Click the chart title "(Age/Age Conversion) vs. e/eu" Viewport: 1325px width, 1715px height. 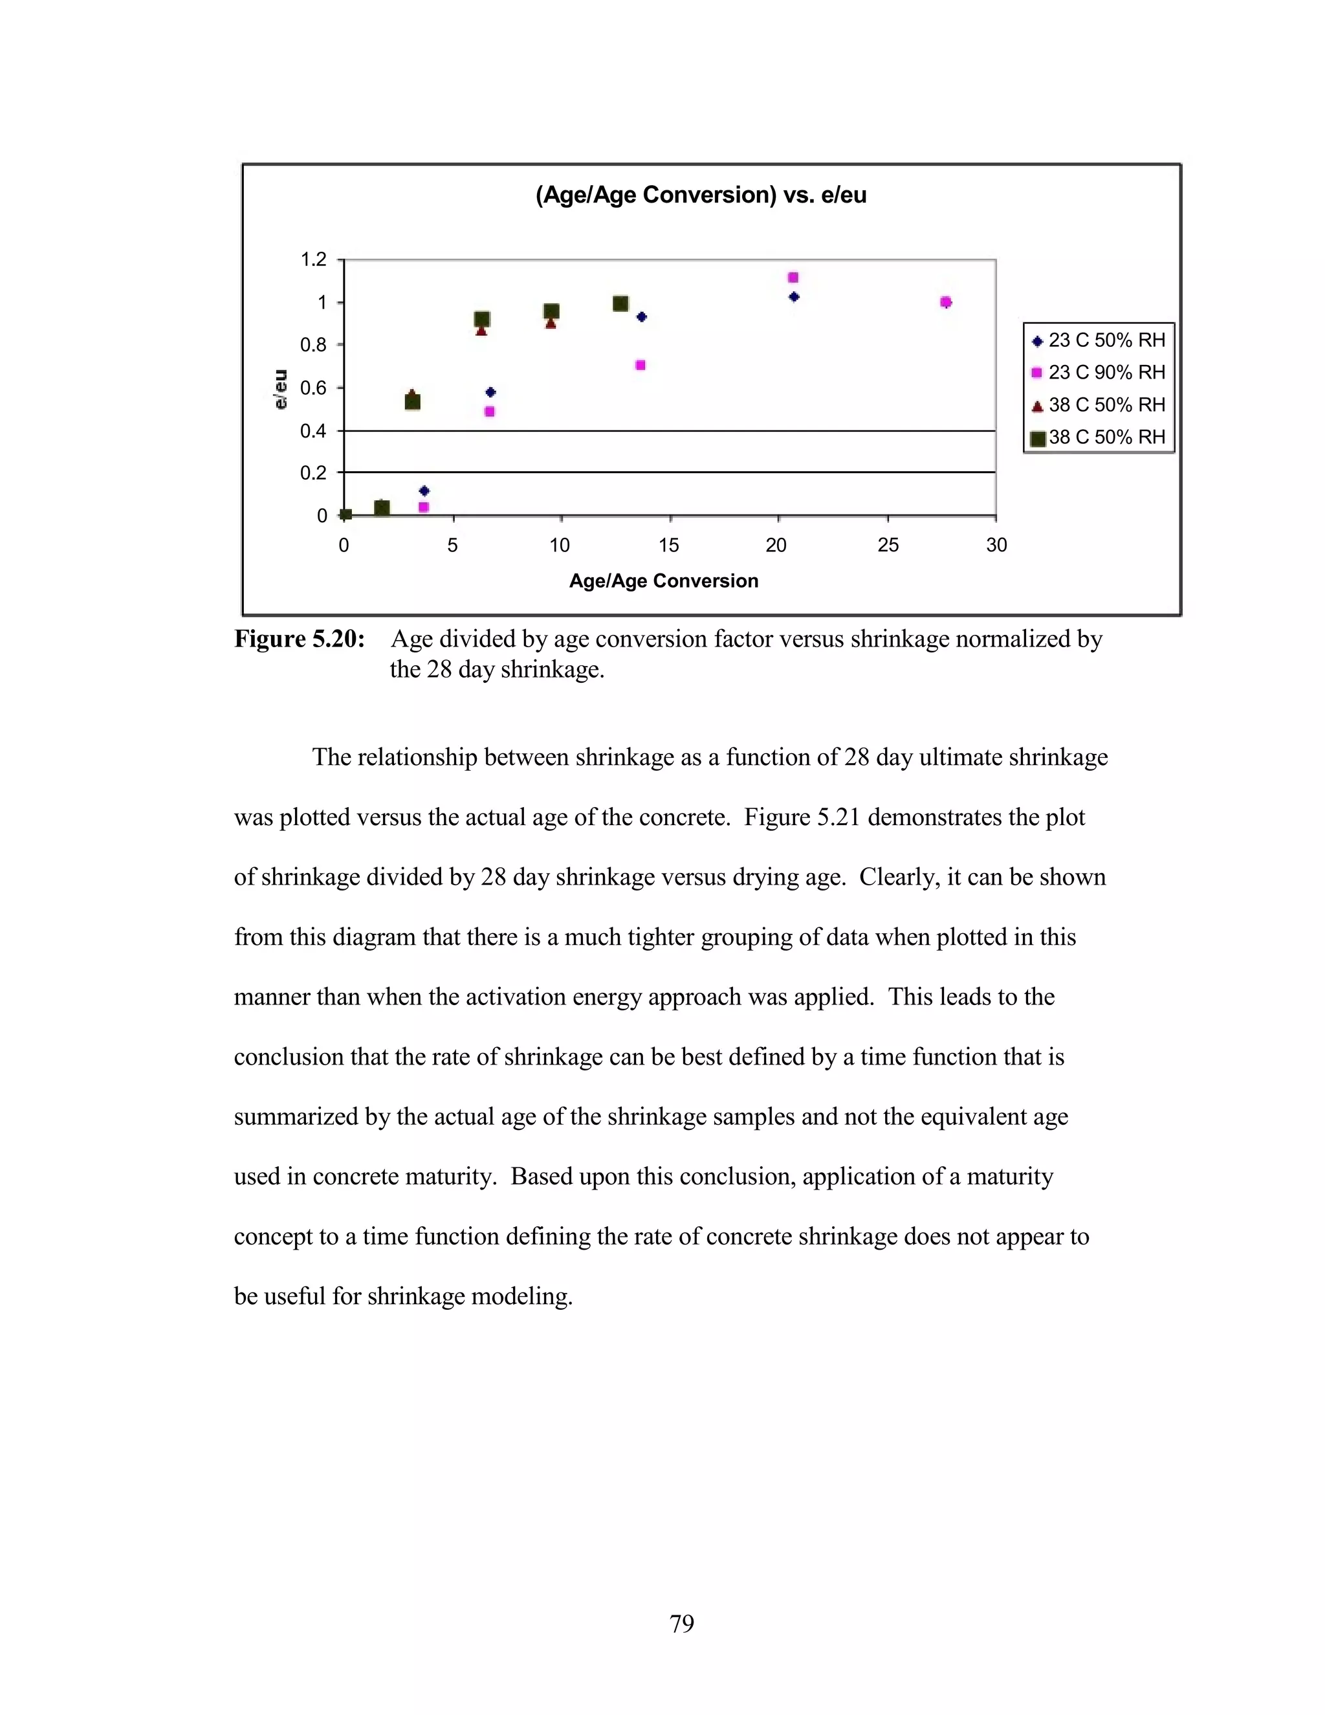(700, 195)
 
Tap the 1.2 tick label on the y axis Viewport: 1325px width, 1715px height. (312, 259)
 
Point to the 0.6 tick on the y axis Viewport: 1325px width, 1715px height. (312, 388)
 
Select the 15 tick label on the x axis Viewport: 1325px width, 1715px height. (669, 545)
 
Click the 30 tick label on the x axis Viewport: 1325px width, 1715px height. (996, 545)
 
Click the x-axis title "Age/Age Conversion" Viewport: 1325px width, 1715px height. (663, 581)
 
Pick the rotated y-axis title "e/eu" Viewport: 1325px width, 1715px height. (280, 389)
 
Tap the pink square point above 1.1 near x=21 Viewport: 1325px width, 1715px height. (793, 277)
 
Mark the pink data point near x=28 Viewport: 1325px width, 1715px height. (946, 302)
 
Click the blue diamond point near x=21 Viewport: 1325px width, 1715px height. (794, 297)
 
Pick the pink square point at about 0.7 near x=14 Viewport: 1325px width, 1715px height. (641, 365)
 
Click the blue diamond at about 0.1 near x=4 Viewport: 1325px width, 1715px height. (424, 491)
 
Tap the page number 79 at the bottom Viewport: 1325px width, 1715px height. (681, 1623)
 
